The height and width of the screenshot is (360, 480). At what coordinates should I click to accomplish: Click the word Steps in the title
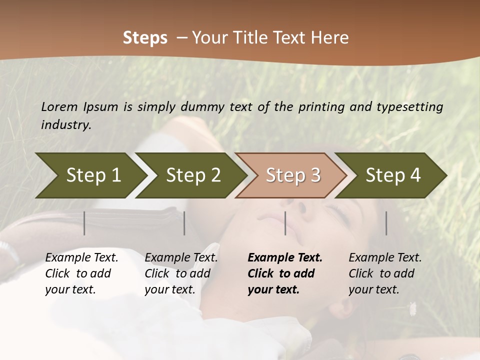(145, 37)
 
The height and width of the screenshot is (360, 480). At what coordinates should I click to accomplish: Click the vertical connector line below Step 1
(84, 223)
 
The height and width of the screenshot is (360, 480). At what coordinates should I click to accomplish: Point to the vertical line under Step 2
(184, 223)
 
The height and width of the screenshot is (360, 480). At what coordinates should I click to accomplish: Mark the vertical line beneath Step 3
(285, 223)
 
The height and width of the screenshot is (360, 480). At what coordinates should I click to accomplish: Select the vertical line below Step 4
(386, 223)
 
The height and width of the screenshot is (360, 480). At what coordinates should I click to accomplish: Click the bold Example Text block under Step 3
(285, 273)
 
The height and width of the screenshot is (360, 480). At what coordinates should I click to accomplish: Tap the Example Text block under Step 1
(81, 273)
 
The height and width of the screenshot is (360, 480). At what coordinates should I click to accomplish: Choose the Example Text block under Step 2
(181, 273)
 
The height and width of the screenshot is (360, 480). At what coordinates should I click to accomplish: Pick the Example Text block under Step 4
(385, 273)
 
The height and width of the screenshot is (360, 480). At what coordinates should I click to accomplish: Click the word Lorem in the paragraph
(59, 107)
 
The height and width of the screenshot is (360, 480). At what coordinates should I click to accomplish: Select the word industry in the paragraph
(66, 125)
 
